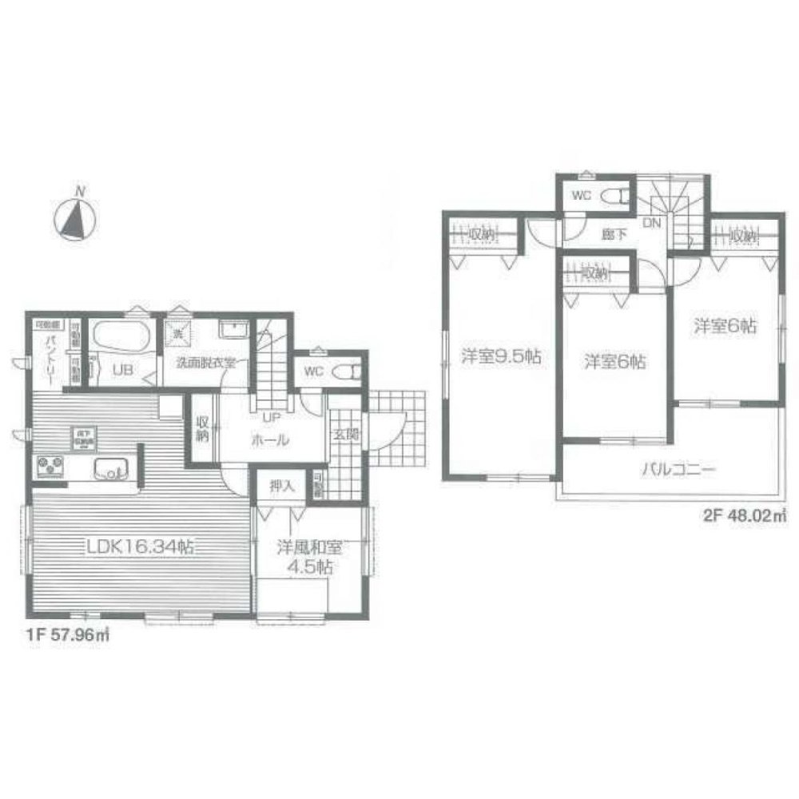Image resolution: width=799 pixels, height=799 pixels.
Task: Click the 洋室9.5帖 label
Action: point(501,358)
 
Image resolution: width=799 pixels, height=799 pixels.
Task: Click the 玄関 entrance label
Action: point(345,434)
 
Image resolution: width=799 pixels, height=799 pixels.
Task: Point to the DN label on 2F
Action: point(652,223)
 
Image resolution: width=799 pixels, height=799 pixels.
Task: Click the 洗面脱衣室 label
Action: point(206,362)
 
